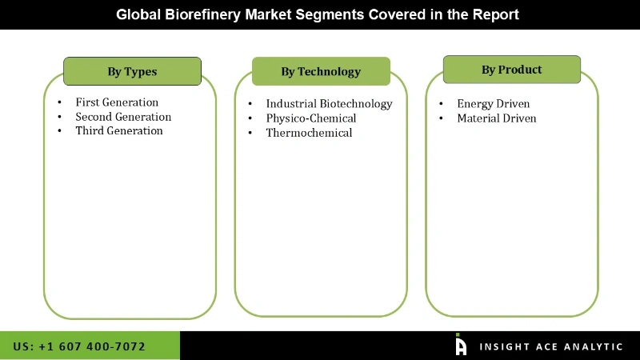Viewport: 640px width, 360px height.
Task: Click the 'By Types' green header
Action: [x=132, y=71]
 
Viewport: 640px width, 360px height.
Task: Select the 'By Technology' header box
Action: [x=321, y=71]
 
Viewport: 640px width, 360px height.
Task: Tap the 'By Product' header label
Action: [x=511, y=70]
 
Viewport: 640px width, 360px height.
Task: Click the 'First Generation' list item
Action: [x=117, y=102]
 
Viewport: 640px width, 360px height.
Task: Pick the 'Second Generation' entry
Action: [x=123, y=117]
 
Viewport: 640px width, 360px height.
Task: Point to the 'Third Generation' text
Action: [x=119, y=130]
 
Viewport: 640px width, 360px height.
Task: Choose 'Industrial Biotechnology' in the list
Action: [x=329, y=104]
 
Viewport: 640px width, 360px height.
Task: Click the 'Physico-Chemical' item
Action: [x=311, y=118]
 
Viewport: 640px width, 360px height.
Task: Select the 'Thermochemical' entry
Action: [x=309, y=133]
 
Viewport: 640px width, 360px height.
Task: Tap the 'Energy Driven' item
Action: [x=493, y=104]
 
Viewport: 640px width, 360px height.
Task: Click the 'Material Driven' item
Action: [x=496, y=118]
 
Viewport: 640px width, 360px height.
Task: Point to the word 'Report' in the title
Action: [x=496, y=14]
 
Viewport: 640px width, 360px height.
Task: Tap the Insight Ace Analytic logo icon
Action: [x=461, y=345]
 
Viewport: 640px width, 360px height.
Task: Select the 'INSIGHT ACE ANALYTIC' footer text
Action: [x=550, y=346]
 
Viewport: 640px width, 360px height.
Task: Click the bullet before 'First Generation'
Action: [x=60, y=103]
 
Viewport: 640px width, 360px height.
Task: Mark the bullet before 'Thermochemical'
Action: [x=250, y=134]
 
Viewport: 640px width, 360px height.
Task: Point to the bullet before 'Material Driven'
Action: [x=441, y=119]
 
